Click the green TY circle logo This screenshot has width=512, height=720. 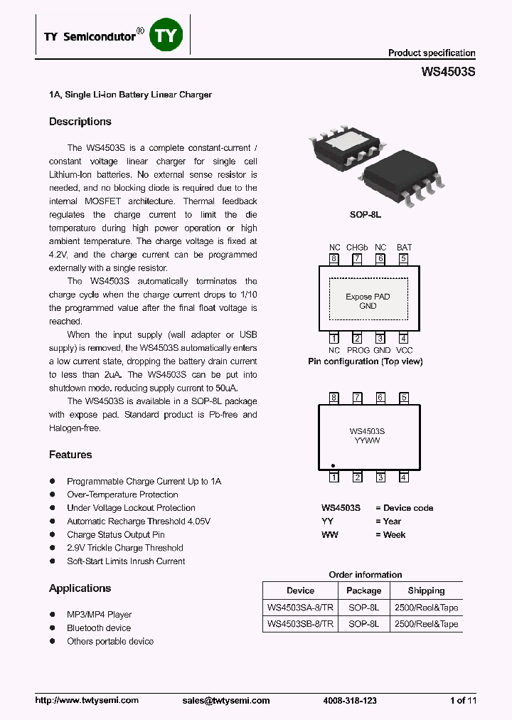tap(167, 35)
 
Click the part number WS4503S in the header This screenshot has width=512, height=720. tap(448, 72)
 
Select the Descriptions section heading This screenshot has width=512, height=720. tap(80, 122)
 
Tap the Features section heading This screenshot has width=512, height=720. tap(70, 455)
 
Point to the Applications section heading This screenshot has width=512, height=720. tap(80, 588)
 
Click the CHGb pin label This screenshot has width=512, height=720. tap(357, 248)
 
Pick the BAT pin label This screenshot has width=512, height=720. tap(404, 248)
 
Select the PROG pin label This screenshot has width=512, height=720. tap(358, 350)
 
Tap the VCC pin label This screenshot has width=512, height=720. tap(404, 350)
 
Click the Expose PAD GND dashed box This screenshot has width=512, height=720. tap(368, 301)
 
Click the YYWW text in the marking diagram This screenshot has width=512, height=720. tap(367, 440)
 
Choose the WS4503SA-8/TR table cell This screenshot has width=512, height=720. tap(300, 608)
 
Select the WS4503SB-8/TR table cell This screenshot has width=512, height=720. tap(300, 624)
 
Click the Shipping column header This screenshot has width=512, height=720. tap(426, 591)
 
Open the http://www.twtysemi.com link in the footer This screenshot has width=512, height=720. tap(87, 700)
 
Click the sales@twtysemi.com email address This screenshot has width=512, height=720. tap(226, 700)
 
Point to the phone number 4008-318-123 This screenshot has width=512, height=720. tap(350, 700)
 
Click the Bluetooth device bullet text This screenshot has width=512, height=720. tap(99, 628)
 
